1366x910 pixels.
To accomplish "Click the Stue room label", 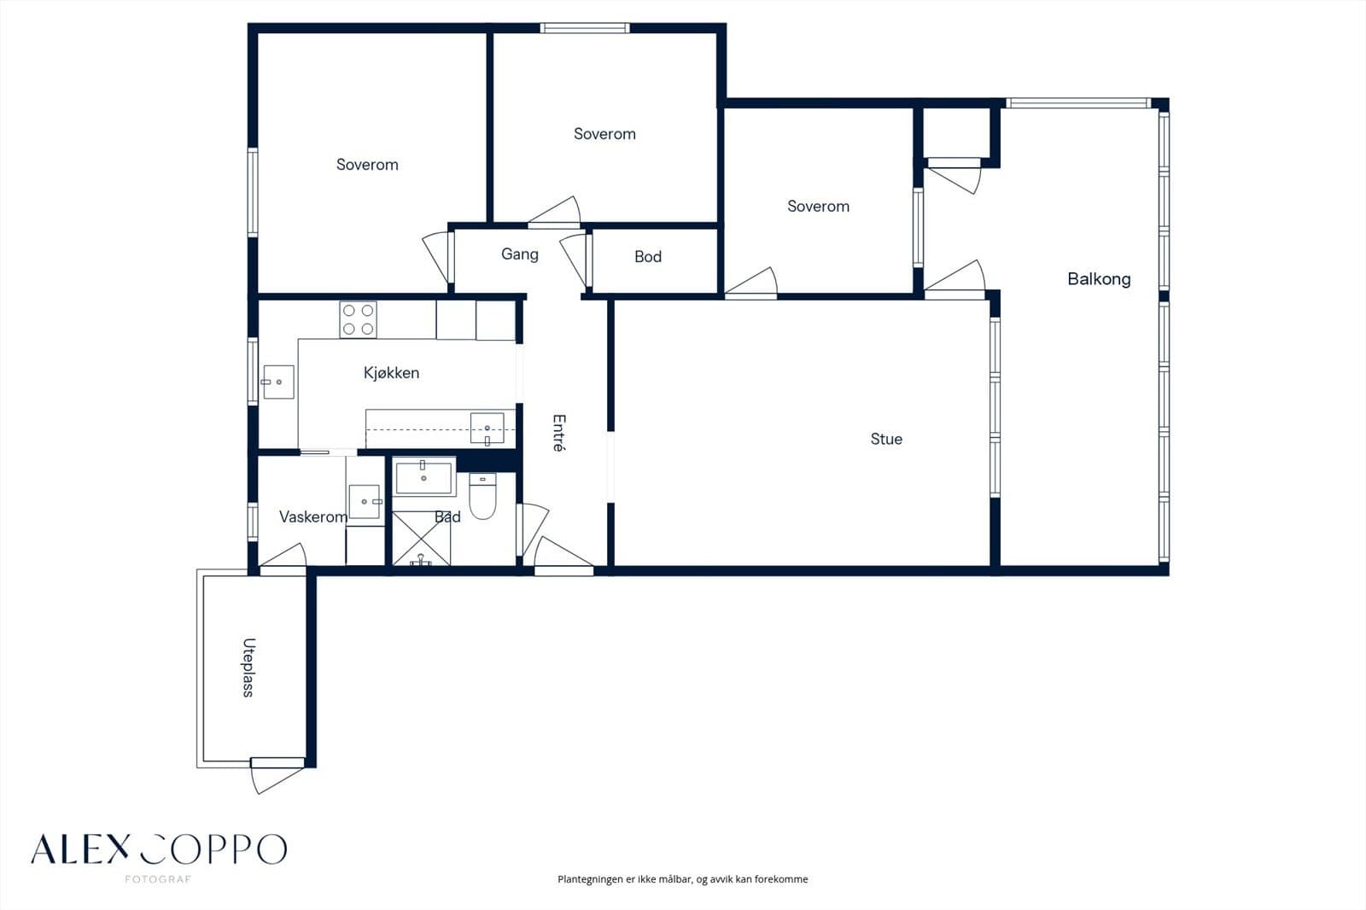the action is (886, 439).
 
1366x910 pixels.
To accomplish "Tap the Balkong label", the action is (1099, 279).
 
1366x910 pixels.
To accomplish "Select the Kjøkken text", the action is (392, 373).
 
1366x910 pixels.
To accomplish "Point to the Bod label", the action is (648, 257).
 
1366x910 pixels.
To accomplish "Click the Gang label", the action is (520, 254).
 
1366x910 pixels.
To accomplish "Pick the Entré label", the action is (558, 433).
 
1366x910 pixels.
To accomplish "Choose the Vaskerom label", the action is (313, 517).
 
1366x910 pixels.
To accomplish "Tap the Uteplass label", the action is (248, 668).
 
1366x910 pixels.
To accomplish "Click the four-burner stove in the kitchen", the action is (358, 319).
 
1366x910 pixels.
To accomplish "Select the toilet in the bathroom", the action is (483, 496).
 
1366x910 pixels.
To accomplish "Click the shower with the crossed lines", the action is (421, 539).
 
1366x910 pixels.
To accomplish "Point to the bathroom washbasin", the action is (423, 476).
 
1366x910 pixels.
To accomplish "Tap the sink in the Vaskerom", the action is (365, 502).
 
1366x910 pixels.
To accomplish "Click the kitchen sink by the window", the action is (278, 382).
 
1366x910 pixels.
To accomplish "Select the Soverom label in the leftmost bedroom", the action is (367, 165).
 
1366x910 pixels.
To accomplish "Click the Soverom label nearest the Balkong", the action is (819, 206).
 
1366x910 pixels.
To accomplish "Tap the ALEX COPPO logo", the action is (159, 849).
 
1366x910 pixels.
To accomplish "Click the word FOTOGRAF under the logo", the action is (158, 879).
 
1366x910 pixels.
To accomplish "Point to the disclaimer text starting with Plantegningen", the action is (682, 879).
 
